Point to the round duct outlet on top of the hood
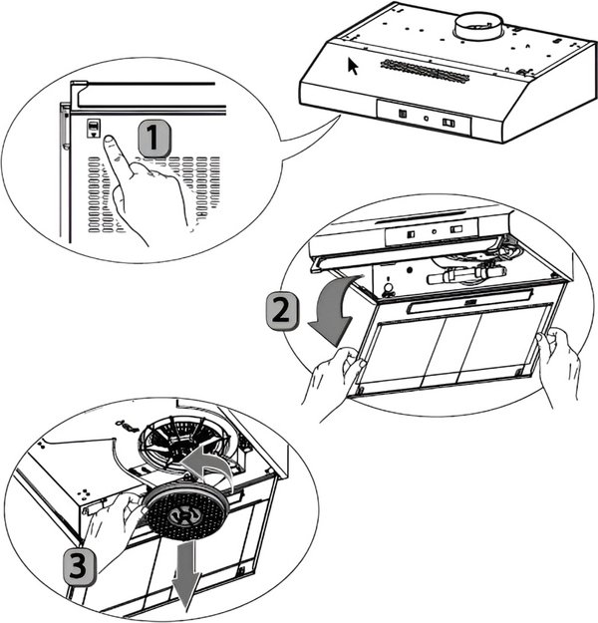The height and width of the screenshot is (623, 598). pos(479,27)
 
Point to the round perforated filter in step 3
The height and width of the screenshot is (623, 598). pos(185,513)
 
